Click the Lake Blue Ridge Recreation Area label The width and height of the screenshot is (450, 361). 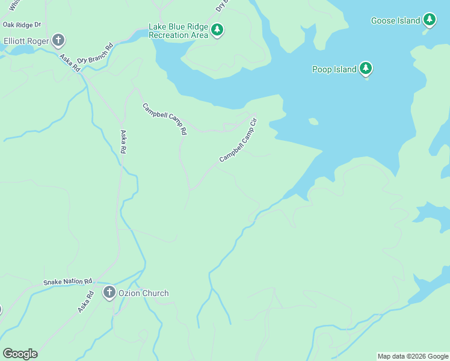pyautogui.click(x=178, y=31)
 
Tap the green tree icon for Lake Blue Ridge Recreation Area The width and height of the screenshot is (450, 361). pyautogui.click(x=217, y=29)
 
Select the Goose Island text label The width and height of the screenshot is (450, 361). pyautogui.click(x=395, y=21)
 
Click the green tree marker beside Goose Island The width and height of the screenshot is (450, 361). pyautogui.click(x=429, y=20)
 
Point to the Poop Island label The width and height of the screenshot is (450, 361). pyautogui.click(x=334, y=69)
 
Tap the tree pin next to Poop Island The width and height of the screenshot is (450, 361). pyautogui.click(x=365, y=68)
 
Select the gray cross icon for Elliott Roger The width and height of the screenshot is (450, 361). pyautogui.click(x=58, y=41)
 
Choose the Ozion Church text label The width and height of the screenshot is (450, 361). pyautogui.click(x=143, y=294)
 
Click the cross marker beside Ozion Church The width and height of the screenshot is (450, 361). pyautogui.click(x=109, y=293)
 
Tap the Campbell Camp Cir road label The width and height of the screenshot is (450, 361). pyautogui.click(x=238, y=140)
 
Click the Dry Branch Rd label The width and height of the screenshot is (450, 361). pyautogui.click(x=95, y=52)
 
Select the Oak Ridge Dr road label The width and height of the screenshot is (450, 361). pyautogui.click(x=21, y=25)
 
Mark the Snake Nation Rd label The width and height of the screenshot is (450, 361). pyautogui.click(x=67, y=282)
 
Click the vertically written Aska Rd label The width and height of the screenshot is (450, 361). pyautogui.click(x=124, y=141)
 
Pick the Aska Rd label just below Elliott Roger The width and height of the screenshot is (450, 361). pyautogui.click(x=70, y=63)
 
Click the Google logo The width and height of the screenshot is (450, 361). pyautogui.click(x=20, y=353)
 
